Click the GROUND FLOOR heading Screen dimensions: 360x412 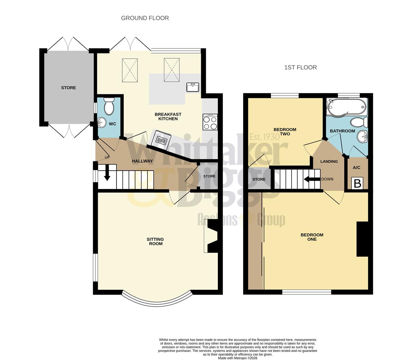(145, 18)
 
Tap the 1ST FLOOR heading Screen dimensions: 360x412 (300, 67)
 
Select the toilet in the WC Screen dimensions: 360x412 (109, 106)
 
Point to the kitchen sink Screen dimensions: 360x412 (192, 87)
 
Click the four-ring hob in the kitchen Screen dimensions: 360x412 (210, 122)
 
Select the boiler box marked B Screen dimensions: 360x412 (357, 183)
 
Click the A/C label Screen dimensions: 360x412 (356, 168)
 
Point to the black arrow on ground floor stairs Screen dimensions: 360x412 (107, 173)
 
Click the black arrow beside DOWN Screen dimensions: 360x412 (312, 179)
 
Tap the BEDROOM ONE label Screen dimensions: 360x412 (312, 237)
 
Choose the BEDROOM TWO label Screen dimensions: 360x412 (285, 132)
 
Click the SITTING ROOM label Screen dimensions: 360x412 (155, 241)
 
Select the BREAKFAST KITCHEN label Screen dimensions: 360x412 (168, 116)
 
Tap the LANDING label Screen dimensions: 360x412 (329, 161)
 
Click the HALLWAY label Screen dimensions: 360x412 (142, 161)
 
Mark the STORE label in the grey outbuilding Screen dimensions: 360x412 (68, 88)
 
